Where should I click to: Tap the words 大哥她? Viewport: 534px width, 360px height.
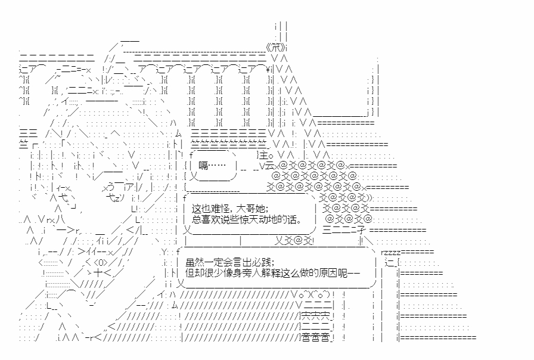click(x=253, y=208)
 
